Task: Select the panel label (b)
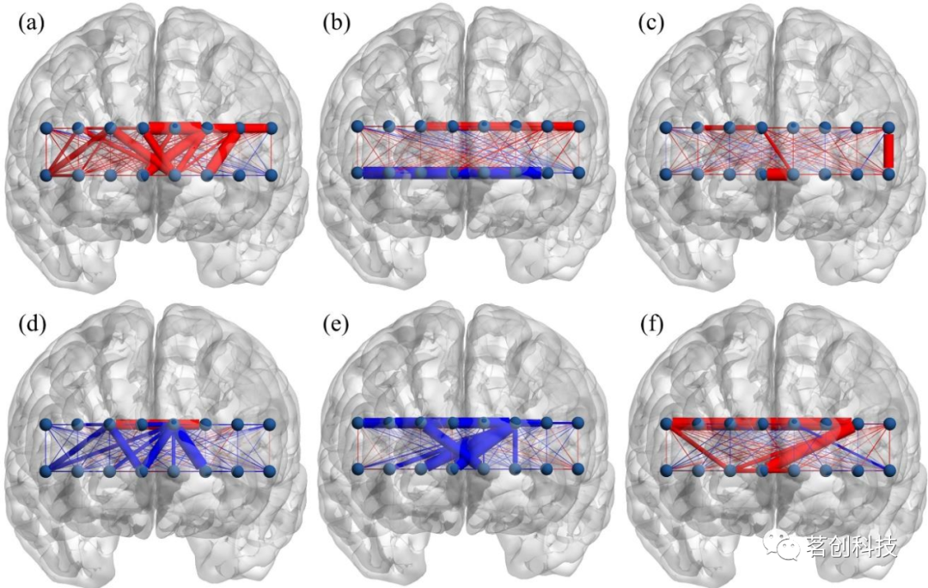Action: click(x=333, y=23)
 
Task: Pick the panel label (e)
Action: click(x=333, y=326)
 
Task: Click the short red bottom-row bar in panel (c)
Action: click(x=778, y=175)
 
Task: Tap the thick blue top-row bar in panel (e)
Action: click(x=430, y=423)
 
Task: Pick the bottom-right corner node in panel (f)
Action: click(x=888, y=470)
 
